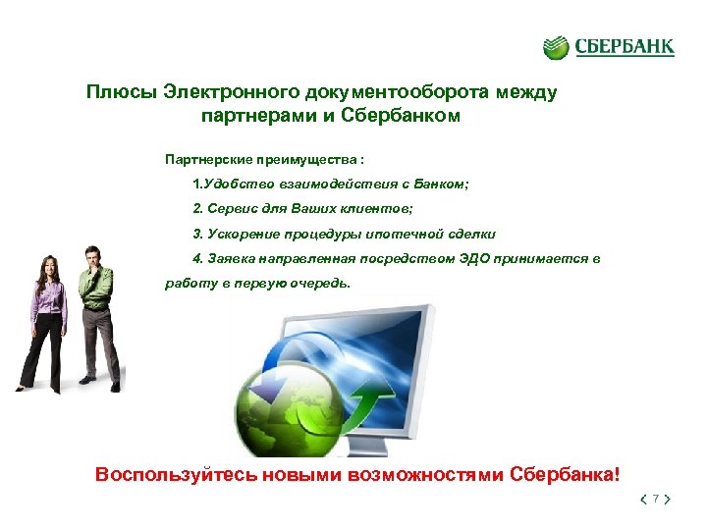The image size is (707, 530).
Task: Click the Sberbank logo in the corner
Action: (x=609, y=47)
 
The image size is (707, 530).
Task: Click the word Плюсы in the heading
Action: (x=118, y=93)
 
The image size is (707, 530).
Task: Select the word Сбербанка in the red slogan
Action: (x=569, y=475)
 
